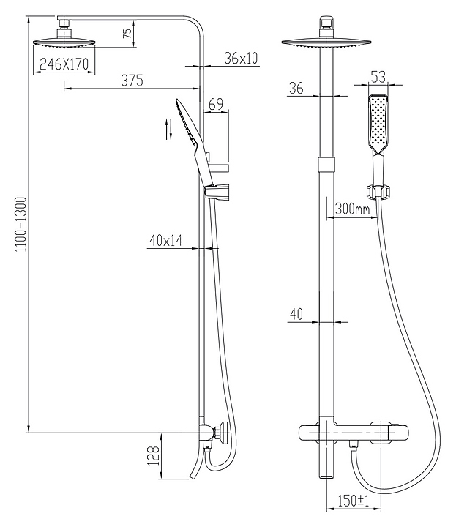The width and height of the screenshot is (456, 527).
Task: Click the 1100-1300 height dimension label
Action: pos(21,225)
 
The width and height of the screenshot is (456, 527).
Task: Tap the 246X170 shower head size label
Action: pos(64,64)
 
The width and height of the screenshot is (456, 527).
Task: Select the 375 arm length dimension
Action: pos(132,81)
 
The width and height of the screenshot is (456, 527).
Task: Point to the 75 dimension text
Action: pos(127,33)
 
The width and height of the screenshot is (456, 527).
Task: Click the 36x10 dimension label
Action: pos(241,58)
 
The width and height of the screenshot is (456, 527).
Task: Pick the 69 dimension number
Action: pos(215,104)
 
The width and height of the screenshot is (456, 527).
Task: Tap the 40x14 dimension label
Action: pos(165,240)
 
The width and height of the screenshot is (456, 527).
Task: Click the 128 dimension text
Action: pos(153,456)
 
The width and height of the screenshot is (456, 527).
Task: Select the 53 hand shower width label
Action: pos(378,77)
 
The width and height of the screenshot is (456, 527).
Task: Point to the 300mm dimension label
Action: pos(352,209)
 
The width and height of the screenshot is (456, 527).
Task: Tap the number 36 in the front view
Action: pos(296,88)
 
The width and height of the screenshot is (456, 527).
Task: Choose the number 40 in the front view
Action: pos(296,314)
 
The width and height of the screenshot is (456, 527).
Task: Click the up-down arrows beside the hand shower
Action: pos(169,129)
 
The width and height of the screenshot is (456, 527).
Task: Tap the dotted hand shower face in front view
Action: pos(378,125)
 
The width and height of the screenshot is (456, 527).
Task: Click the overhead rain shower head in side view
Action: pos(64,42)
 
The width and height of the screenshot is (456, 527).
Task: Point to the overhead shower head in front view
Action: pos(326,42)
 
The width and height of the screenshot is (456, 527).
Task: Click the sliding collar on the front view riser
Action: pos(326,164)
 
